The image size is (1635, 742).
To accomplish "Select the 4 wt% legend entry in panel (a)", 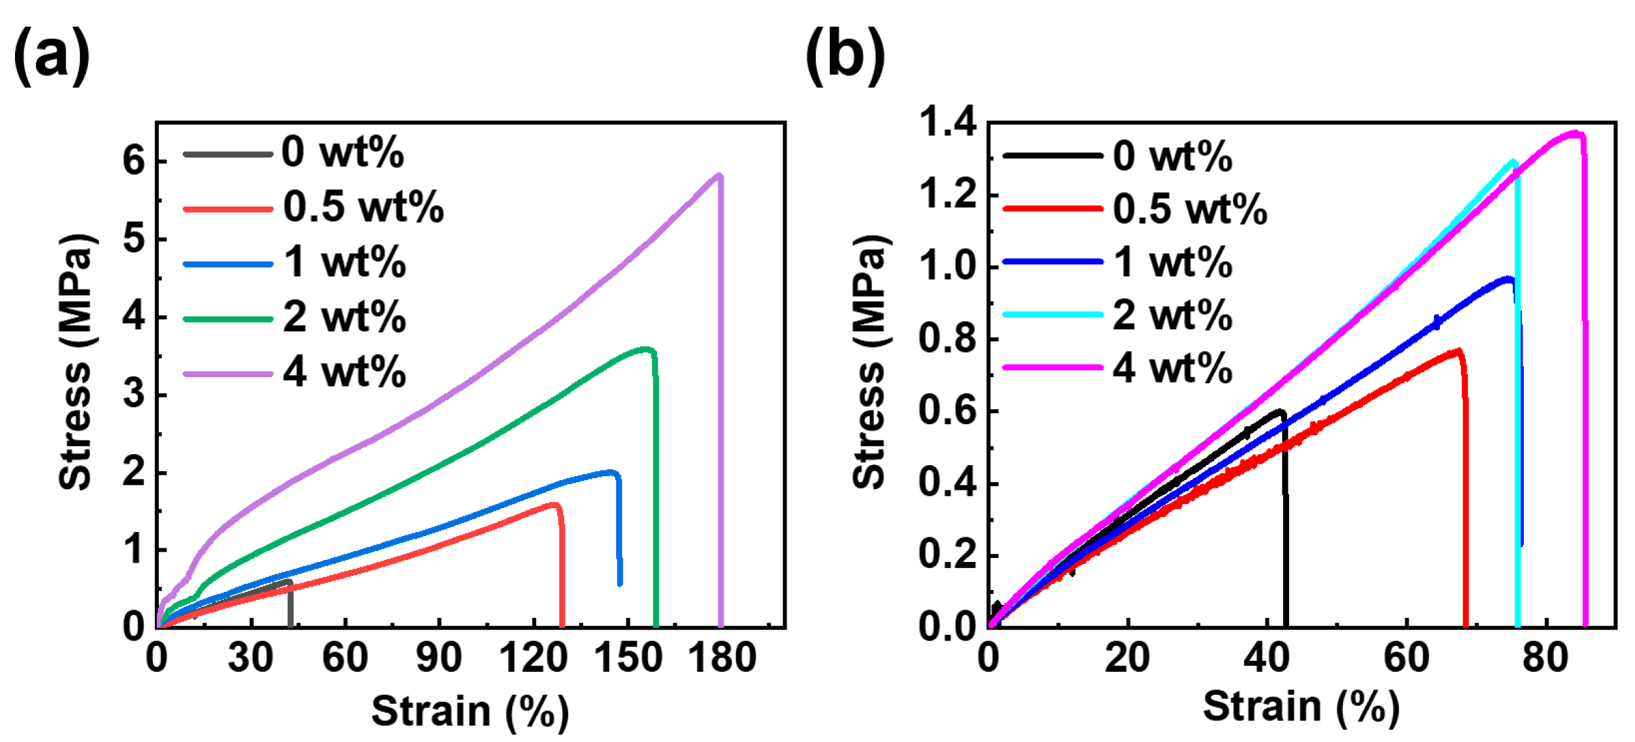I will click(x=344, y=373).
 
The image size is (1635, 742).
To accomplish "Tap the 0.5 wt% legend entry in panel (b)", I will click(x=1190, y=209).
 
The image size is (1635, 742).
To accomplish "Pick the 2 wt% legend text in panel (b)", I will click(x=1173, y=316).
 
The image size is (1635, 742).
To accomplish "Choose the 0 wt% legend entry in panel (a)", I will click(x=342, y=152).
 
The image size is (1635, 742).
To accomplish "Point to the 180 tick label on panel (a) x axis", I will click(x=721, y=658).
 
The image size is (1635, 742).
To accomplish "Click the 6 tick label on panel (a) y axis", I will click(x=134, y=161).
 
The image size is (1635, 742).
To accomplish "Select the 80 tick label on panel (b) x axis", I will click(x=1545, y=658).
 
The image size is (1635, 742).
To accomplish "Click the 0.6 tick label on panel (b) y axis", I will click(x=948, y=411).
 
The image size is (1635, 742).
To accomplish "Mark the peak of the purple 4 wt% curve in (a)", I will click(x=719, y=176).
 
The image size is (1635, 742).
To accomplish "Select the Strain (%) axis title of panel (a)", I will click(x=469, y=711).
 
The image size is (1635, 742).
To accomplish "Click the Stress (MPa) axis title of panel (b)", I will click(x=870, y=361).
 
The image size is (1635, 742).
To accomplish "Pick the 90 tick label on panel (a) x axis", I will click(x=439, y=658).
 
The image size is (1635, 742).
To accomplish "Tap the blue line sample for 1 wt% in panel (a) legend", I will click(x=229, y=264).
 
